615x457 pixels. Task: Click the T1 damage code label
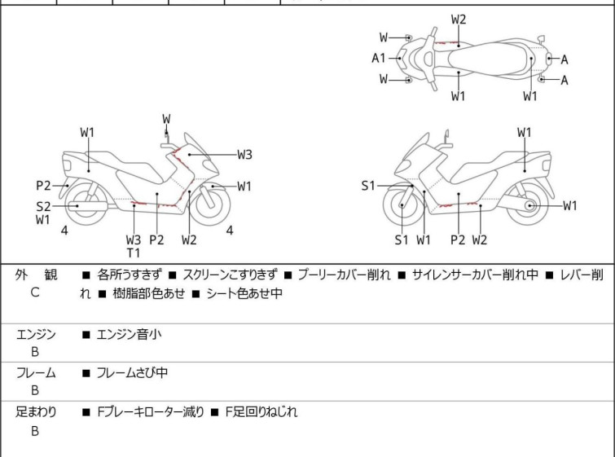click(133, 253)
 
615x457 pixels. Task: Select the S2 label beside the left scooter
click(43, 206)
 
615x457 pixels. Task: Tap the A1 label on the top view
click(379, 58)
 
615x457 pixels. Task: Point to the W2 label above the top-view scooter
click(459, 19)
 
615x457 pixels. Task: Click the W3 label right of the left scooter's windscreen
click(244, 154)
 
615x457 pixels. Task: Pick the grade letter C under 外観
click(35, 292)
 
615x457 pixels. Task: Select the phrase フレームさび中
click(133, 373)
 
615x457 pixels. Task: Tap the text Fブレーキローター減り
click(152, 412)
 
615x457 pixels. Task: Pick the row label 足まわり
click(36, 412)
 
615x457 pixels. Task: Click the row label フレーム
click(36, 373)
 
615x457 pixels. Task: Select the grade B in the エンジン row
click(35, 351)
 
